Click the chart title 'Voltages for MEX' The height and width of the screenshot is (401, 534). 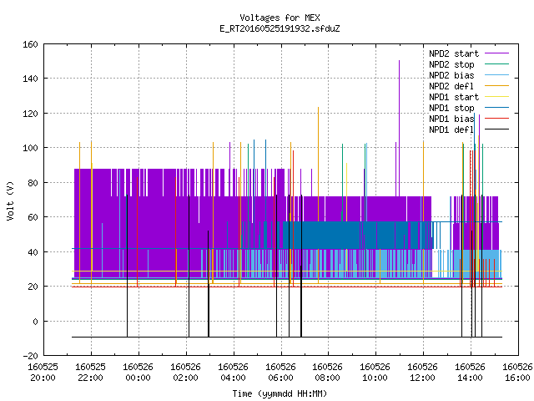[280, 18]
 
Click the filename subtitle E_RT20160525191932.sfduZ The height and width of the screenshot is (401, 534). [280, 28]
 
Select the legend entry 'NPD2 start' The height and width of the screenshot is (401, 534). [454, 53]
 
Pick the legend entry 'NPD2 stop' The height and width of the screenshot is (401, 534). [451, 64]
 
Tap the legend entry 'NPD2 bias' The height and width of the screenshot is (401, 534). [451, 75]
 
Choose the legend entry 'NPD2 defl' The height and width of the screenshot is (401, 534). [451, 86]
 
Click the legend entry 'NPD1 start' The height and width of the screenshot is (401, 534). [454, 97]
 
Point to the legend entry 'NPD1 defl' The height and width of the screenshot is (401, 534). [451, 129]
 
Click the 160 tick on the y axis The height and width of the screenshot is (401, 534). [30, 44]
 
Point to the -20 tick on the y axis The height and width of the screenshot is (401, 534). [30, 356]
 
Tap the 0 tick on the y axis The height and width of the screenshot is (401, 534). [35, 321]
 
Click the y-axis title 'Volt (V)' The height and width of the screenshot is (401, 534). [10, 200]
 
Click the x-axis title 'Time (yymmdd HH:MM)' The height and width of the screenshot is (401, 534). [280, 393]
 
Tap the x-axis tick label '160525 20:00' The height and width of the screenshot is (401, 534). [43, 373]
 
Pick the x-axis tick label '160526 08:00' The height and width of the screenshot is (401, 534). [328, 373]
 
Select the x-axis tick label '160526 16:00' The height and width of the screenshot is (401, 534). [517, 373]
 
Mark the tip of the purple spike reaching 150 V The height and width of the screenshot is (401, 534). [399, 61]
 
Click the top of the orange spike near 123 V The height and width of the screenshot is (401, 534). [319, 108]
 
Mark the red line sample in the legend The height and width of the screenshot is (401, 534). [497, 119]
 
